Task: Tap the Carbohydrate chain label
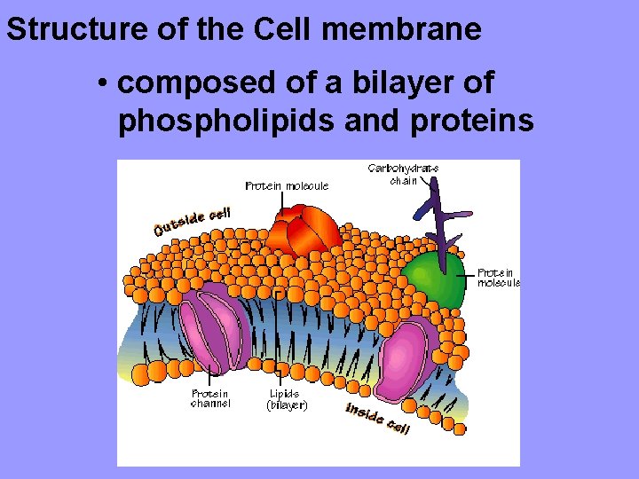[403, 174]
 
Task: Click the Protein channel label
[210, 398]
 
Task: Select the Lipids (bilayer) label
[286, 398]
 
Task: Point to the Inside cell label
[377, 419]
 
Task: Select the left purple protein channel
[217, 328]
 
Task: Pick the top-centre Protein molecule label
[287, 186]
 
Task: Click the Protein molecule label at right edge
[497, 278]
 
